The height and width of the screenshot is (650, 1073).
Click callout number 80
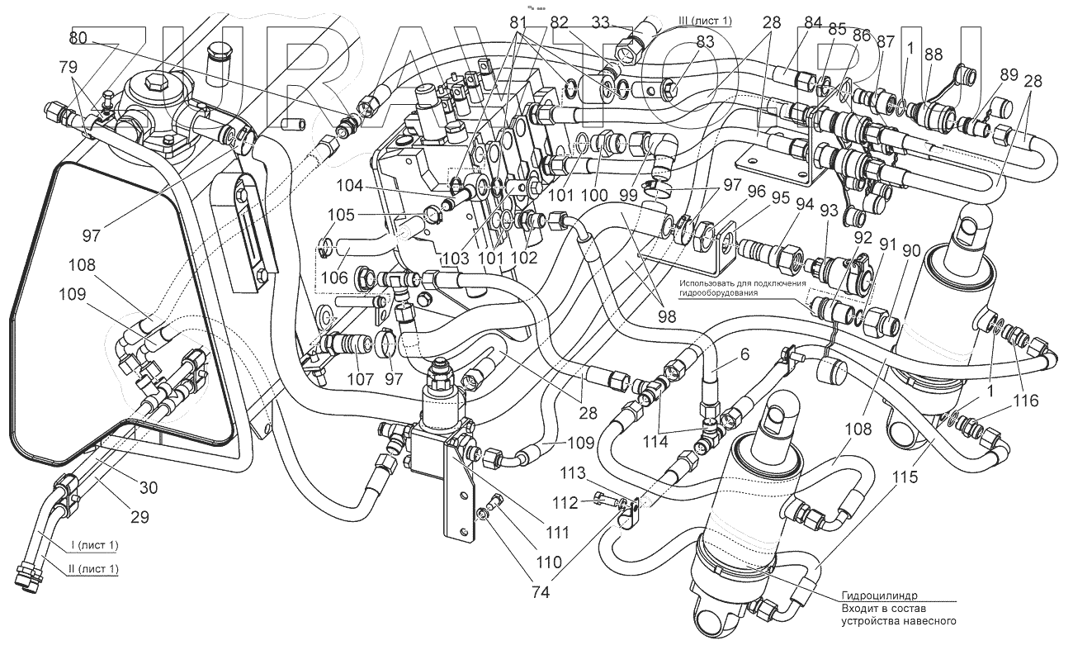[x=78, y=38]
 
